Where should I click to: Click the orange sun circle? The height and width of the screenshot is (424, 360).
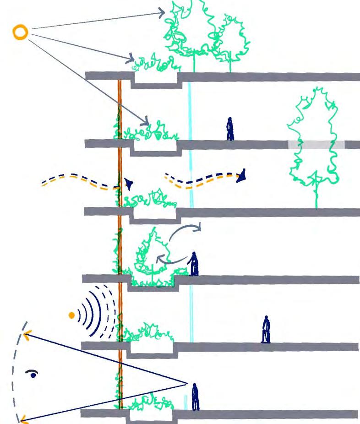20,32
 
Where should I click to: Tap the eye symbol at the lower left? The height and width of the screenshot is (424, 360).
31,374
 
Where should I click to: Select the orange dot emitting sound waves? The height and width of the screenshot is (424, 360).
71,315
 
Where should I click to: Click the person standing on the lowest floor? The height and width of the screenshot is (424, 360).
196,397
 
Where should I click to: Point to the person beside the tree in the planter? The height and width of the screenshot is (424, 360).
194,264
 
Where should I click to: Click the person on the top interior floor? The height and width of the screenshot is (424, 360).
230,130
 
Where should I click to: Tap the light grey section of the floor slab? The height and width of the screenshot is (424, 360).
316,145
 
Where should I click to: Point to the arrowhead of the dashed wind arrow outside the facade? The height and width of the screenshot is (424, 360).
130,184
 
